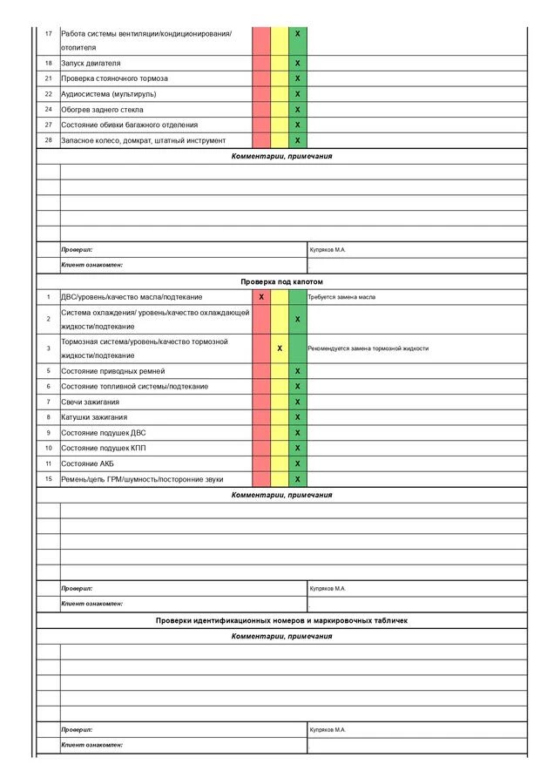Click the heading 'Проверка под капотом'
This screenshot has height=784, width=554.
(x=281, y=282)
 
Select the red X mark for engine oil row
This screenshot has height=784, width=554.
(x=261, y=297)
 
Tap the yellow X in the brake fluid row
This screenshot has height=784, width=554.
(x=280, y=348)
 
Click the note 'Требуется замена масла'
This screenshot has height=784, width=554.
(x=341, y=297)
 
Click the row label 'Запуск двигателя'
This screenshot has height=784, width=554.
(x=91, y=64)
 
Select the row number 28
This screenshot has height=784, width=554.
(x=48, y=140)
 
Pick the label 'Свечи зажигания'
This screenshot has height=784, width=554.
(x=90, y=402)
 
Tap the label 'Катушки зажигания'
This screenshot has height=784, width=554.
(x=93, y=417)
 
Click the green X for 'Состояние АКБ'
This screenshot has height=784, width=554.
(x=297, y=463)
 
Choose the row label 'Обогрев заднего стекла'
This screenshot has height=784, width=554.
(x=102, y=110)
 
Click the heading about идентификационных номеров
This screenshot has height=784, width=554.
(x=281, y=620)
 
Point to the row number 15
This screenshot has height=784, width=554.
(x=48, y=479)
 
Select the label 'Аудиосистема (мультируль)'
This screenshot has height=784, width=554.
(x=109, y=94)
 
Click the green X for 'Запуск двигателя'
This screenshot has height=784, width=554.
(x=297, y=64)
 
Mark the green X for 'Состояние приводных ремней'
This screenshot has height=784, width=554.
(x=297, y=371)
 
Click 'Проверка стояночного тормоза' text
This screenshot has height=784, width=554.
(x=115, y=78)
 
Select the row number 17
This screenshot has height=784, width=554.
(x=48, y=33)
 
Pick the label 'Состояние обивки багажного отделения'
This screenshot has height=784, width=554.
(x=129, y=125)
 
